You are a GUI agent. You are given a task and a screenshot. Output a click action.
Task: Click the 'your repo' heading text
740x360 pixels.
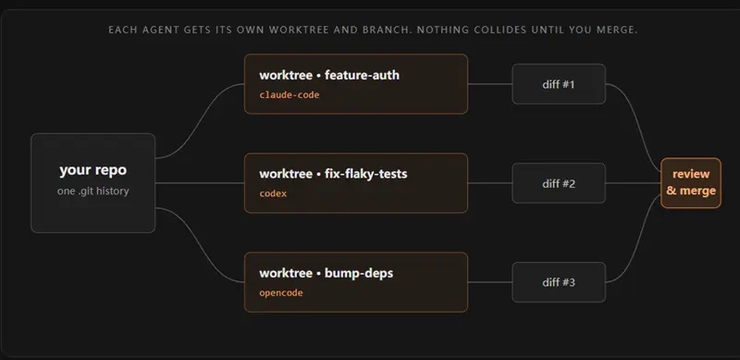tap(93, 170)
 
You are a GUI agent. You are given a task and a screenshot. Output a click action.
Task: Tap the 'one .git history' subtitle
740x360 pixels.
tap(93, 192)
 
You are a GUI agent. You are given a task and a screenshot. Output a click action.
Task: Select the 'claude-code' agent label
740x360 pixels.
tap(290, 95)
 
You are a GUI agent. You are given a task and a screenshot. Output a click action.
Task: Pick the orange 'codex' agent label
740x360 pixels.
tap(273, 193)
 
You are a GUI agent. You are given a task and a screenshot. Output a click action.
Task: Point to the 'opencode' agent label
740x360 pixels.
tap(281, 293)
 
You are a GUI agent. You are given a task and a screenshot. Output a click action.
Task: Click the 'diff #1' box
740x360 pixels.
tap(559, 84)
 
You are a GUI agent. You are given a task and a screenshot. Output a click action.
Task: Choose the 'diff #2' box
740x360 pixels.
tap(559, 183)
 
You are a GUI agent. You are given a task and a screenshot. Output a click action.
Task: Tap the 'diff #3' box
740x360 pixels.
tap(559, 282)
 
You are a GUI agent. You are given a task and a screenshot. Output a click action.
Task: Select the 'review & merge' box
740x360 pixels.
tap(691, 183)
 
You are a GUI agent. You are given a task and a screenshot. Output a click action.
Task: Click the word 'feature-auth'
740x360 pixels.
tap(362, 75)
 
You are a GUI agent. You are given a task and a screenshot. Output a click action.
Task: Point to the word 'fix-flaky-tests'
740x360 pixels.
tap(365, 174)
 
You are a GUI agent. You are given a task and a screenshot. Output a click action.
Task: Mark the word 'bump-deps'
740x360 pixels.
tap(359, 274)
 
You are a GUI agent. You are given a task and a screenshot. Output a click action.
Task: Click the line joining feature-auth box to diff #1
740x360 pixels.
tap(490, 84)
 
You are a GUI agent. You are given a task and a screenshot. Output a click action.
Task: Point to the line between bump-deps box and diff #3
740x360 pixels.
tap(490, 282)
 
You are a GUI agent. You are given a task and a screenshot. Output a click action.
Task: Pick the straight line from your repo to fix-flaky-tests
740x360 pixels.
tap(200, 183)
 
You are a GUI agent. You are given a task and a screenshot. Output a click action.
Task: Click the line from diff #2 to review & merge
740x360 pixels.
tap(633, 183)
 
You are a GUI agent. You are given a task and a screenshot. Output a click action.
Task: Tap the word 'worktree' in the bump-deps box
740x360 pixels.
tap(286, 274)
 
